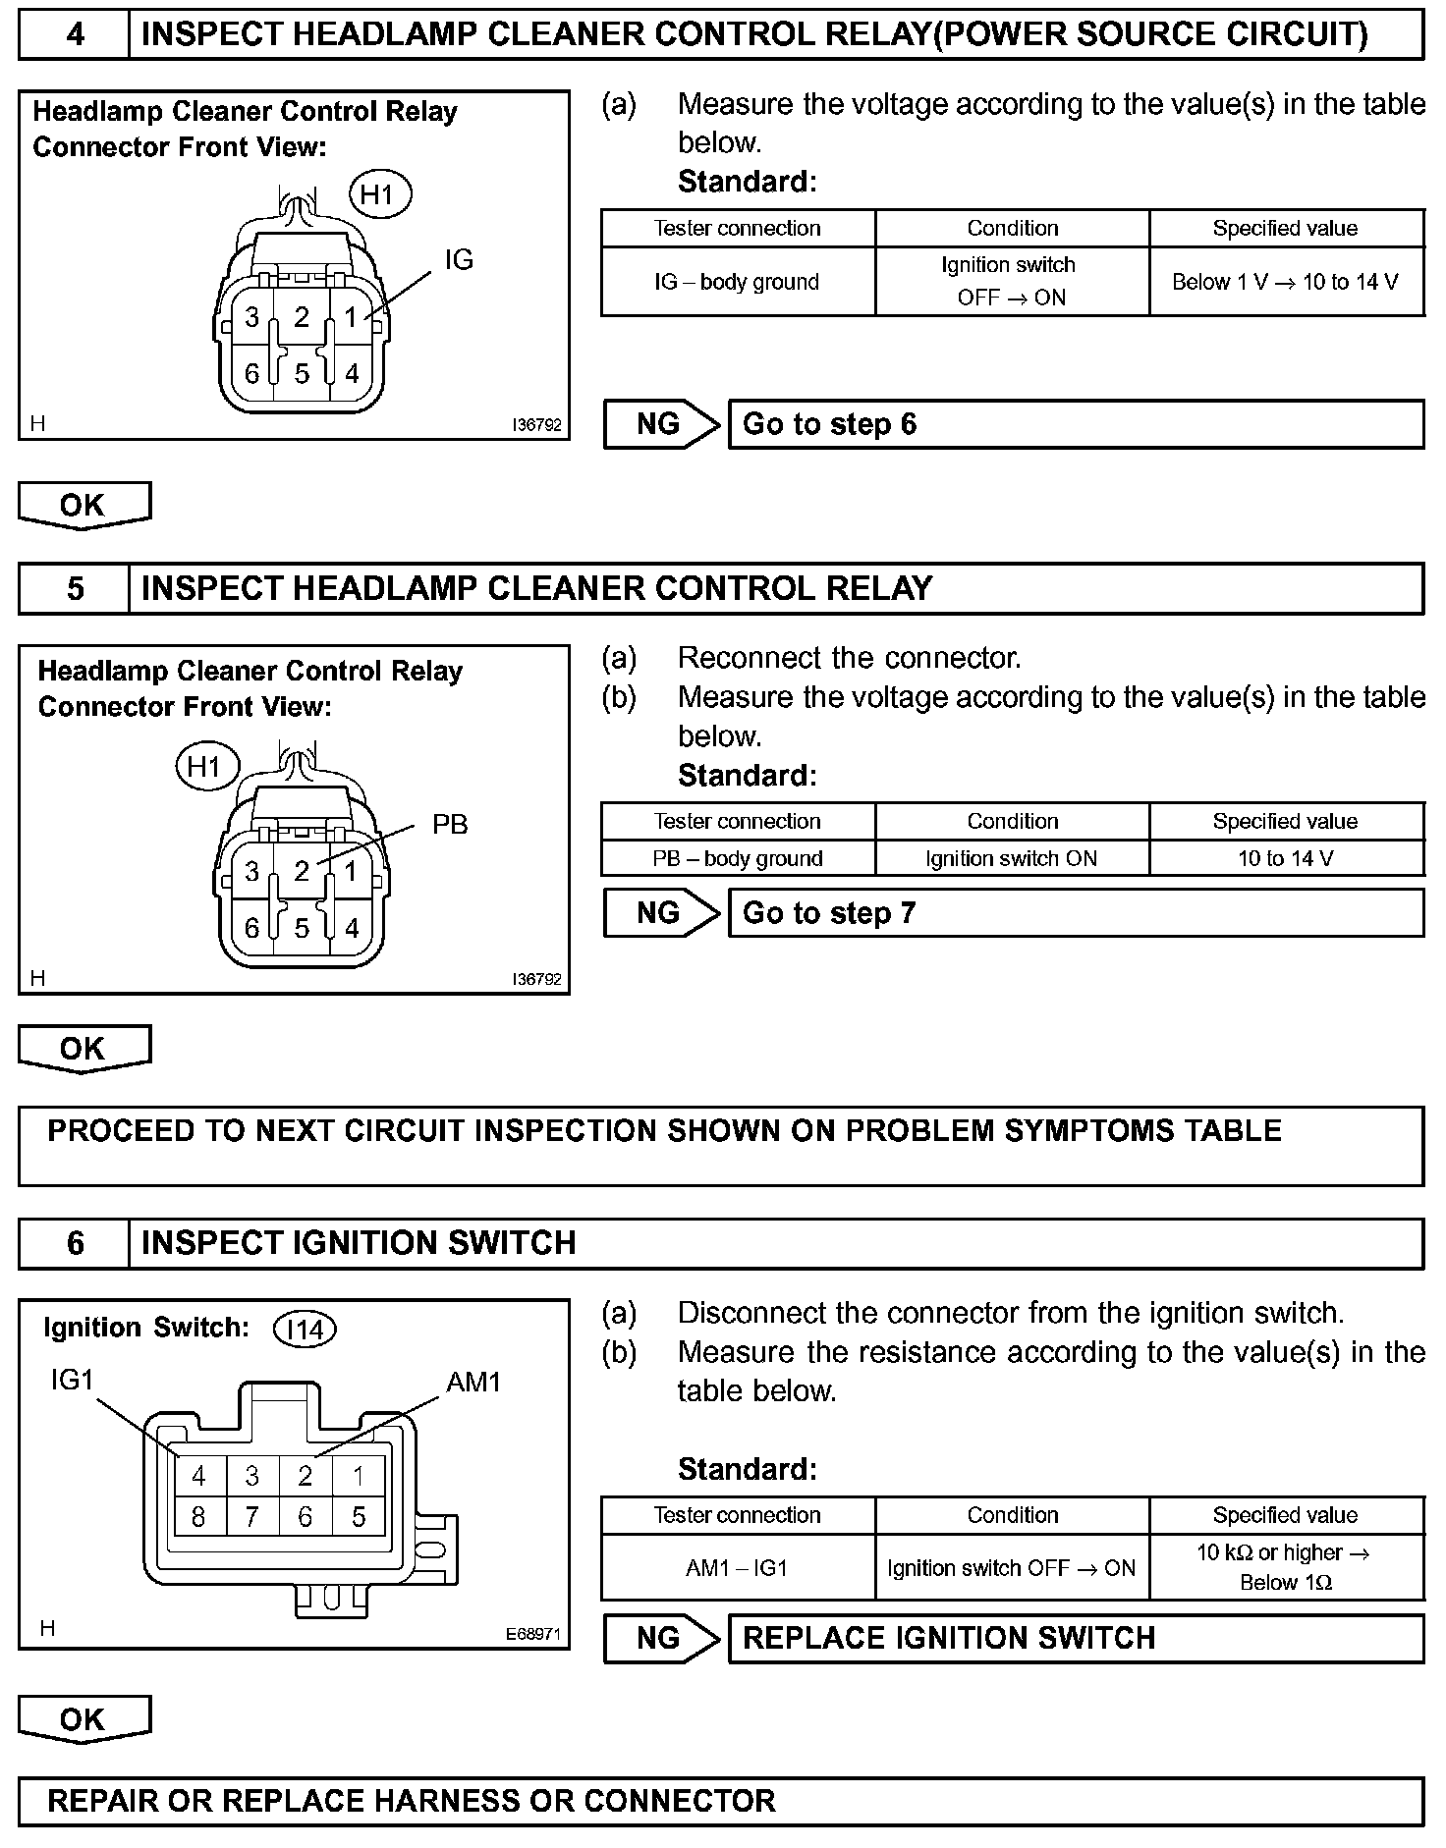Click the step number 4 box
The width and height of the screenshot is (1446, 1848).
[74, 35]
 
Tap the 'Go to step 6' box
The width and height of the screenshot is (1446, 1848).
[1075, 424]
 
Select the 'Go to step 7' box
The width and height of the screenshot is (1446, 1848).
[1075, 913]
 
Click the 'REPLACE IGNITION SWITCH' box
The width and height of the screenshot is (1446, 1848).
[1075, 1638]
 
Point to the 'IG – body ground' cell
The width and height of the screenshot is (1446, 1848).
[737, 282]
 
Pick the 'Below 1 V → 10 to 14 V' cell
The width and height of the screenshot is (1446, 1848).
[1285, 282]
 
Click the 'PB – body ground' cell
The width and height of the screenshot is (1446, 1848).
[737, 858]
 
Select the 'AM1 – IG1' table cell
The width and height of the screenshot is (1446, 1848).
[737, 1568]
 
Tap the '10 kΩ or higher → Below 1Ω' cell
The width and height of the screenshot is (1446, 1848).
[1285, 1567]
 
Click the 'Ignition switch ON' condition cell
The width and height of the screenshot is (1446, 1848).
[1011, 858]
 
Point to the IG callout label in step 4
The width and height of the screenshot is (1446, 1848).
[459, 260]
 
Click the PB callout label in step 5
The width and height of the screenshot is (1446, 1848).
[450, 825]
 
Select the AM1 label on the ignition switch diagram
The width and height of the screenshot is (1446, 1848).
[473, 1383]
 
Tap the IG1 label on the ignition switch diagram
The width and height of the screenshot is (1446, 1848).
[73, 1381]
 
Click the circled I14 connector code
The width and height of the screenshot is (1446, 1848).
[305, 1330]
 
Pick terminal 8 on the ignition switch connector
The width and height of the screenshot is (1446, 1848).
[198, 1518]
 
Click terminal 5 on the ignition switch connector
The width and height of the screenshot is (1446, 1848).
[359, 1518]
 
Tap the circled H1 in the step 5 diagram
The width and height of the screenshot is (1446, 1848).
[206, 767]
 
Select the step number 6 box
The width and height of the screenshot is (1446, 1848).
[74, 1243]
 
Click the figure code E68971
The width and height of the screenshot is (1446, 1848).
[532, 1635]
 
